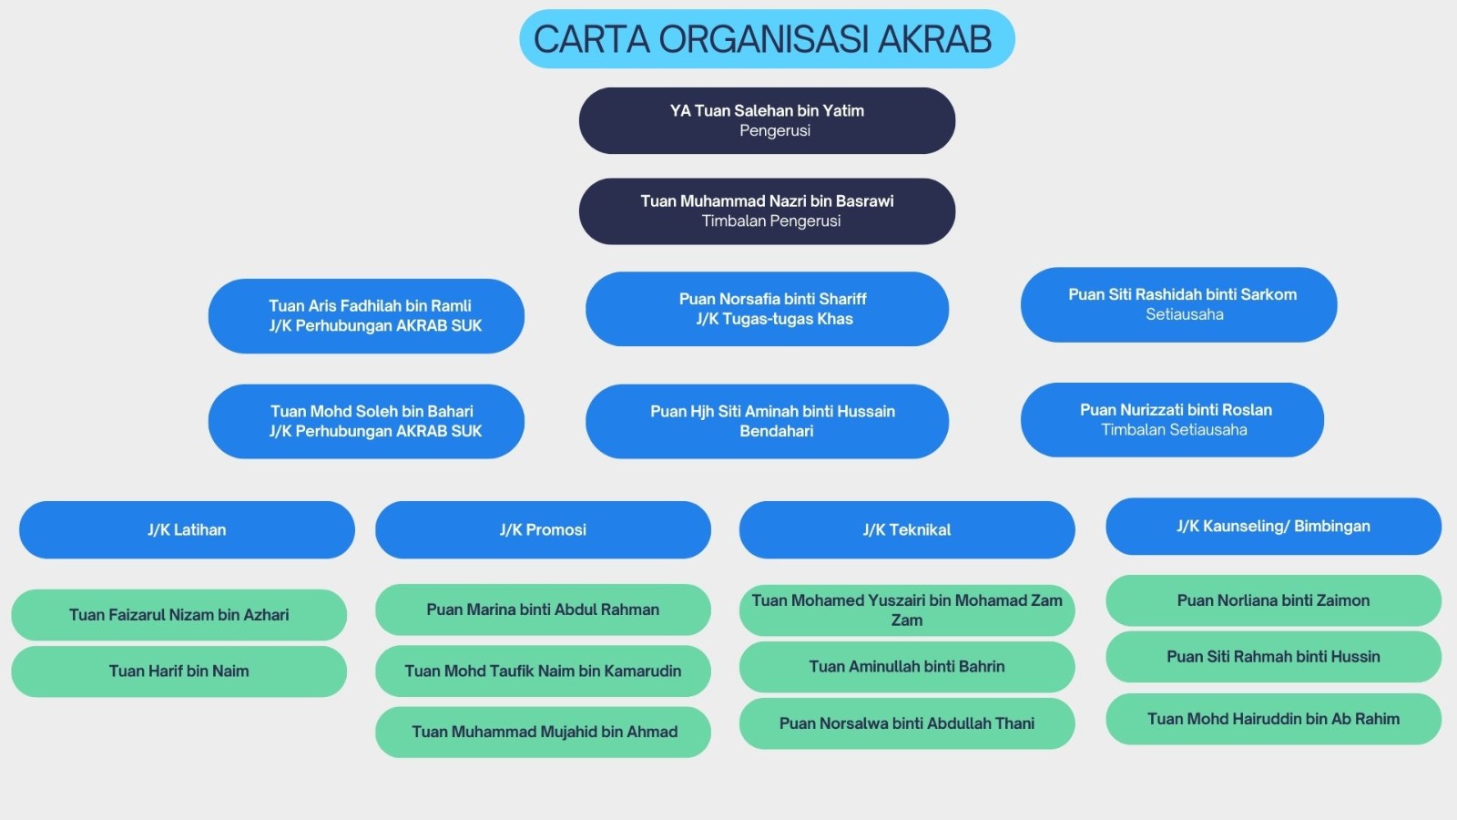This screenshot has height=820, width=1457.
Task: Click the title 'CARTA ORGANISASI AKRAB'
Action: tap(762, 39)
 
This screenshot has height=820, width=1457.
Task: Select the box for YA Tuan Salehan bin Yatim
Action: tap(767, 121)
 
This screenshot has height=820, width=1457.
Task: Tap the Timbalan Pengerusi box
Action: tap(767, 211)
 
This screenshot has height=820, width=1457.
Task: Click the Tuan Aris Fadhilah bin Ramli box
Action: tap(366, 316)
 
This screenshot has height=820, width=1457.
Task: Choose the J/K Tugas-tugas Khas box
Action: tap(767, 309)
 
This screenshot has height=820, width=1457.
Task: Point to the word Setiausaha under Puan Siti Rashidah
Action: tap(1185, 314)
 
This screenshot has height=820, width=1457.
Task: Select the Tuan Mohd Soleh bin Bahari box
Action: tap(366, 422)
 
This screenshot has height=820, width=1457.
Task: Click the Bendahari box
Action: tap(767, 422)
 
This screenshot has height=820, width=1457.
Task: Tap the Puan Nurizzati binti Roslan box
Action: tap(1172, 420)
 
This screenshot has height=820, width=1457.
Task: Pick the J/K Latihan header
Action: tap(187, 529)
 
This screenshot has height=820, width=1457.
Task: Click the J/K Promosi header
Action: tap(543, 529)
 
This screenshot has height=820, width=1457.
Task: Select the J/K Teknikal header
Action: tap(907, 529)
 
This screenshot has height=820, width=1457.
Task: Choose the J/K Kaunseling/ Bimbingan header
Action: tap(1274, 527)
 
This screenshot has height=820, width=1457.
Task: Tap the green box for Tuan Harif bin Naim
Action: tap(178, 671)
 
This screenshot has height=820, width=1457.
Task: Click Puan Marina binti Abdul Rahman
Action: tap(543, 610)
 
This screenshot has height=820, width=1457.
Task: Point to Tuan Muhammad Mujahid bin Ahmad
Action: tap(543, 733)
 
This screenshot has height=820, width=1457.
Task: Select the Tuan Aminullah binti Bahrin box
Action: tap(907, 667)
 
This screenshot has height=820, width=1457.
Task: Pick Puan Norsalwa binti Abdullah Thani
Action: tap(907, 723)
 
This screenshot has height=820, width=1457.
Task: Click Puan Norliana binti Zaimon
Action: tap(1274, 600)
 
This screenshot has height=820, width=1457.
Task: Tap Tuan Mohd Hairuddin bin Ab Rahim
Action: tap(1274, 719)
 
